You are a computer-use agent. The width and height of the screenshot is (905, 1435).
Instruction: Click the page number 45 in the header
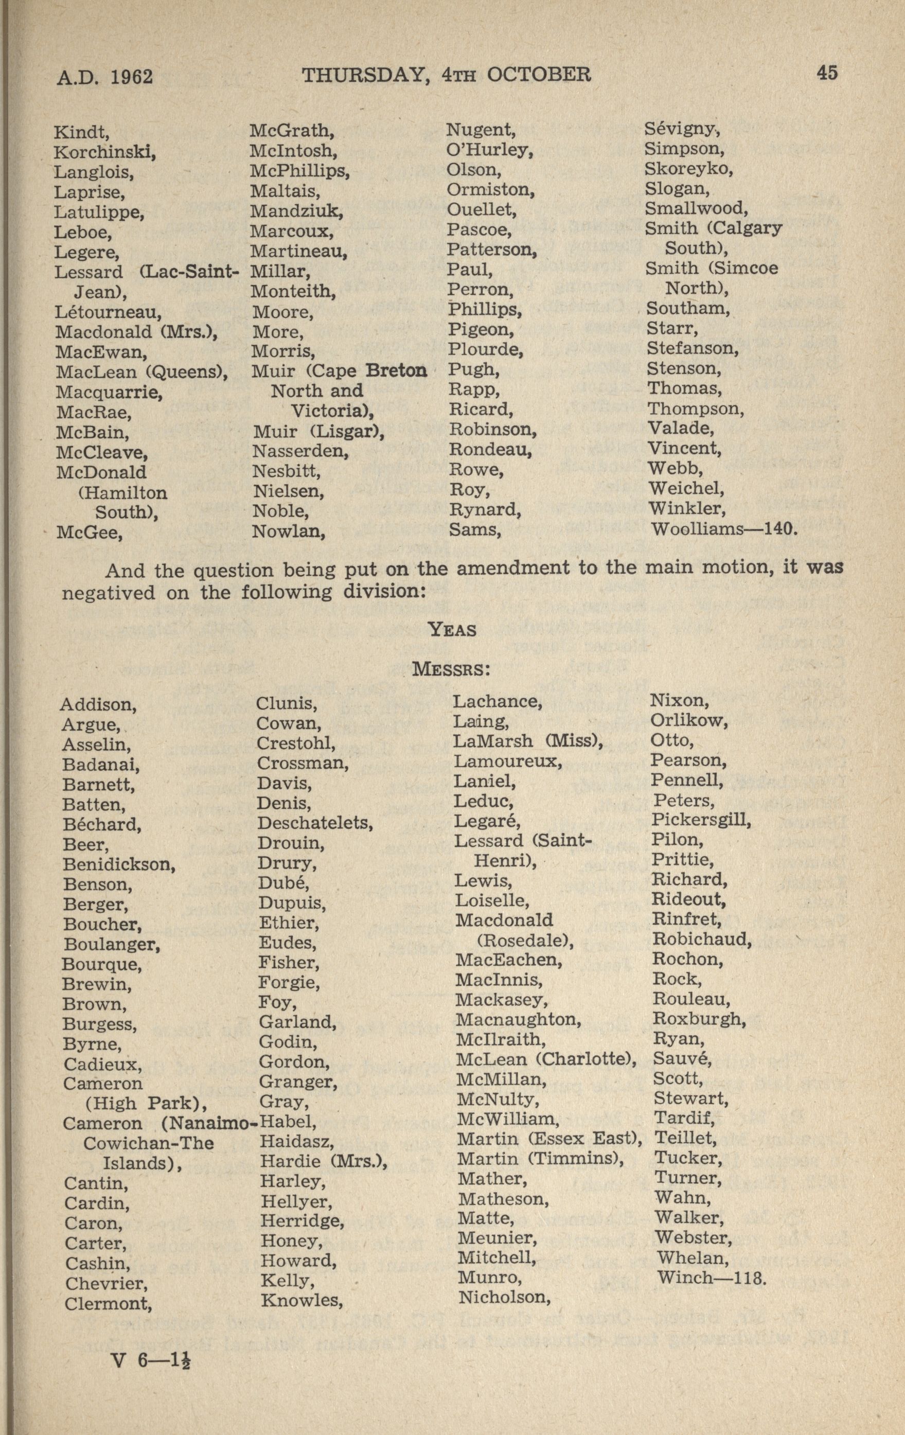click(827, 73)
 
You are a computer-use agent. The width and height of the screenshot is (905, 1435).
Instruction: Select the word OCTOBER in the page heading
click(539, 75)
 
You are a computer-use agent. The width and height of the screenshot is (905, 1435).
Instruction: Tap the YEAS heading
click(453, 630)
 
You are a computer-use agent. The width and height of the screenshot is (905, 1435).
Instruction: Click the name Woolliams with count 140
click(723, 528)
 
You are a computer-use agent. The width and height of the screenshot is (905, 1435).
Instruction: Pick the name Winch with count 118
click(709, 1278)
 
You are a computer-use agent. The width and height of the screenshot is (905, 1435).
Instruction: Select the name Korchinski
click(105, 153)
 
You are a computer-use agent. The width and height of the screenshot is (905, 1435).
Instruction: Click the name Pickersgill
click(701, 820)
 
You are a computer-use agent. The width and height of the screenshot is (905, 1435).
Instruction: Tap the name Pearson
click(688, 760)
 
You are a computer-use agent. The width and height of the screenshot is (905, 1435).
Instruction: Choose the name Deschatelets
click(314, 823)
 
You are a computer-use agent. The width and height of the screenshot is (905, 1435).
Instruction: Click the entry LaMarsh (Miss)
click(528, 741)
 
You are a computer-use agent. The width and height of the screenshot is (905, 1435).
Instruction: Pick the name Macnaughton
click(518, 1020)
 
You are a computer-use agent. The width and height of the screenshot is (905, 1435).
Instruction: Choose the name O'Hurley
click(489, 150)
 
